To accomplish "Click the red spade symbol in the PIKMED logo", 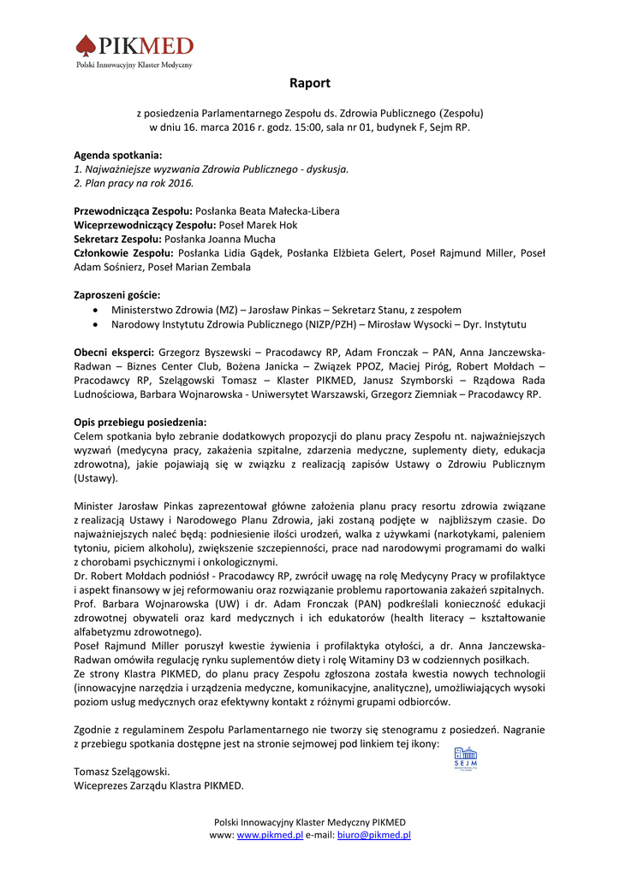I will click(86, 45).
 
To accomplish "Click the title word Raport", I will click(309, 84).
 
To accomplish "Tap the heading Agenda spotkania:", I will click(117, 155).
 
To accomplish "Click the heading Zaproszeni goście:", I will click(117, 294).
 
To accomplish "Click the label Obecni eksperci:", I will click(114, 352).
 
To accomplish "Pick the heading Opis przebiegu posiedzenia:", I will click(140, 422).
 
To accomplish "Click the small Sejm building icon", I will click(466, 756).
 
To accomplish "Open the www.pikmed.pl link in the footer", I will click(270, 835).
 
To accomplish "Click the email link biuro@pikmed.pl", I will click(374, 835).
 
